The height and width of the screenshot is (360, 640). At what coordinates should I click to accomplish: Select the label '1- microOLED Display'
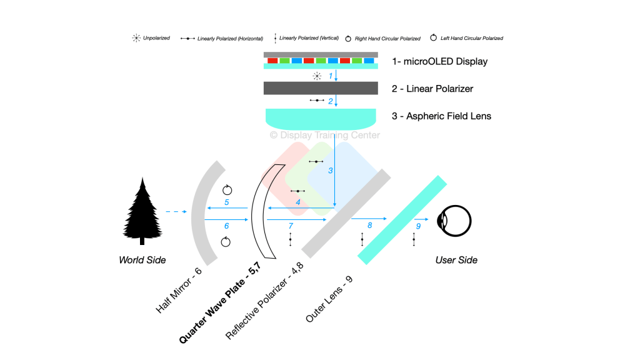439,62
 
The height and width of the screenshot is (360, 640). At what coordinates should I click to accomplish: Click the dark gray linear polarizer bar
320,88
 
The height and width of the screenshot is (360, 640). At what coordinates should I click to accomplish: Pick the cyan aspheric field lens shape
320,117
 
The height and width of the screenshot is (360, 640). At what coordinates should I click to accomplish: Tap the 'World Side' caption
142,259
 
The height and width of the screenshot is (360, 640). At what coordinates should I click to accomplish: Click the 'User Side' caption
456,259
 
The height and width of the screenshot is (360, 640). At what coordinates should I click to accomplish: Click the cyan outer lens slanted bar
402,220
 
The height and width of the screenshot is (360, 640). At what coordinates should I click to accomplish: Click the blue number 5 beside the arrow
227,202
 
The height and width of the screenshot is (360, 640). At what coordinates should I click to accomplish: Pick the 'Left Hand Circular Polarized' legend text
471,38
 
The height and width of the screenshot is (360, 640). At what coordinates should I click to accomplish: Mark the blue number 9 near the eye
418,226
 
